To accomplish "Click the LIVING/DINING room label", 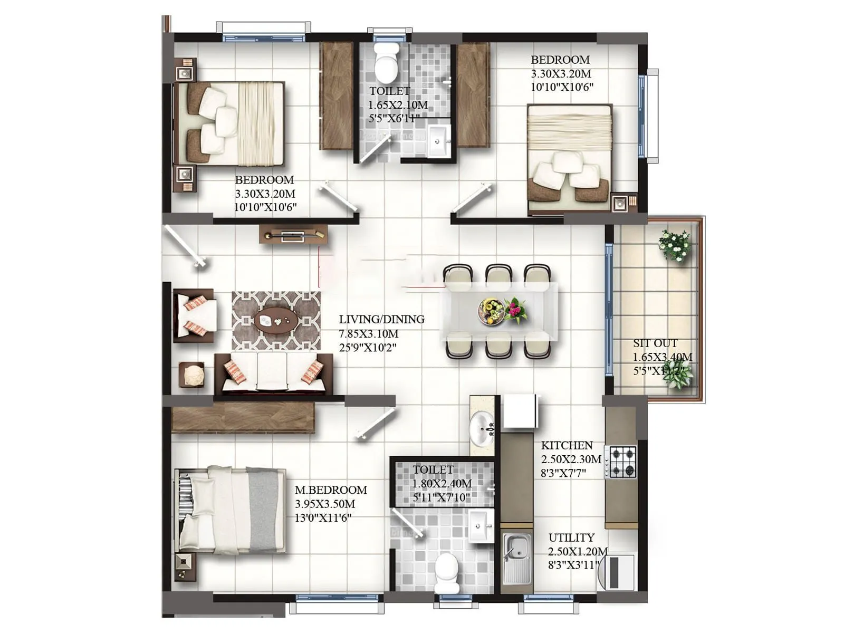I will click(381, 319).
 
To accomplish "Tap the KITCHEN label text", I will click(567, 445).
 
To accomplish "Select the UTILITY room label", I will click(571, 538).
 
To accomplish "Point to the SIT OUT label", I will click(655, 343).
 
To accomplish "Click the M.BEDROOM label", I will click(331, 490).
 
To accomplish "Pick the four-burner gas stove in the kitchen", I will click(623, 462).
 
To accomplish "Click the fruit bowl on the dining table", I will click(491, 311).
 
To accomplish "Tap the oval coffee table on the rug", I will click(276, 320).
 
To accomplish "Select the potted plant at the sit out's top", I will click(675, 245).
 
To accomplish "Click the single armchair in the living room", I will click(194, 315).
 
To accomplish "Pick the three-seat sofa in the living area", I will click(273, 373).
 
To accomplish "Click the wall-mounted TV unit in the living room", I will click(293, 235).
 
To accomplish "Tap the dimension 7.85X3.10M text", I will click(368, 333).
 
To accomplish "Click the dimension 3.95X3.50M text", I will click(324, 504).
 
